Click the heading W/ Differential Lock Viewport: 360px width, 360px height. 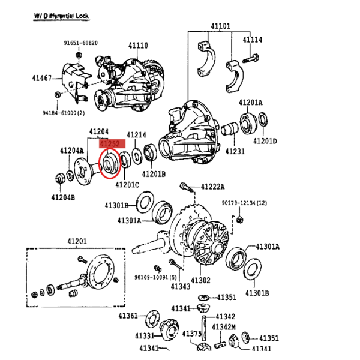click(x=61, y=16)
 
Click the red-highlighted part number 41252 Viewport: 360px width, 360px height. click(x=110, y=144)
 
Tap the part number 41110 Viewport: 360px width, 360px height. click(x=138, y=46)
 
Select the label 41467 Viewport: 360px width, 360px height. click(x=42, y=78)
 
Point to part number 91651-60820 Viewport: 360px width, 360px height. click(x=80, y=43)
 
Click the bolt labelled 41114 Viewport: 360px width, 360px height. click(x=251, y=58)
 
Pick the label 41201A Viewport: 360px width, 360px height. click(x=250, y=103)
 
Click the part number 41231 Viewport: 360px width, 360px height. click(x=235, y=151)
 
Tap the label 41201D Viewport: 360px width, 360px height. click(x=265, y=141)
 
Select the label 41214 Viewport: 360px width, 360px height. click(x=136, y=135)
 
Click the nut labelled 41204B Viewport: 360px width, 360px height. click(x=60, y=179)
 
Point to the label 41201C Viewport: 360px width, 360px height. click(x=127, y=185)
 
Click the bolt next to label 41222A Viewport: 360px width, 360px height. click(x=187, y=187)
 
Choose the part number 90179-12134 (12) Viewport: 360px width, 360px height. click(x=244, y=203)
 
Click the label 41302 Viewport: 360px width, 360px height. click(x=200, y=280)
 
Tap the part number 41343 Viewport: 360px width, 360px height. click(x=181, y=287)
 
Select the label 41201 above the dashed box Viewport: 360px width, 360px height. click(x=77, y=241)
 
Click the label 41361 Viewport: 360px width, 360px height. click(x=128, y=316)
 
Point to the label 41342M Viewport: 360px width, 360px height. click(x=224, y=327)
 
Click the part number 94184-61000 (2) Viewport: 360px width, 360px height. click(x=64, y=113)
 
